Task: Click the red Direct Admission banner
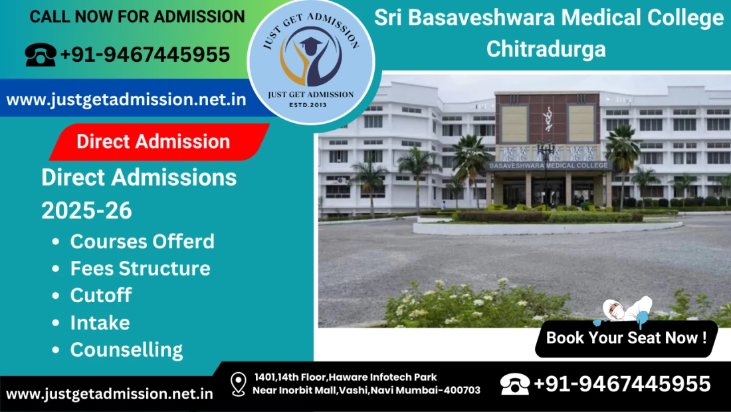(159, 142)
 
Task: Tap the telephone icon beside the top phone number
(41, 55)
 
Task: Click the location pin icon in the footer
(238, 385)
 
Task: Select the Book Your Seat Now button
(626, 338)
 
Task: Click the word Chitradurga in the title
(546, 49)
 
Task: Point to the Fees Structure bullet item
(140, 269)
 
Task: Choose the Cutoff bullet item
(101, 296)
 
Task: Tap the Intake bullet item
(100, 323)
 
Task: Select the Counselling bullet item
(126, 350)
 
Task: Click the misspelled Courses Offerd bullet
(142, 242)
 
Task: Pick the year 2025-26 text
(86, 211)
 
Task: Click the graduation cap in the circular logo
(311, 45)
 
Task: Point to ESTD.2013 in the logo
(308, 105)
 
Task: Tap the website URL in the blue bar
(126, 99)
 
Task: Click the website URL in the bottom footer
(109, 394)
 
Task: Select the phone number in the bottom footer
(622, 384)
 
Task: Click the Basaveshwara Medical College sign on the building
(548, 165)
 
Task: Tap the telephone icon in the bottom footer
(514, 385)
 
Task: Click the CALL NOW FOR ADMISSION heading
(137, 17)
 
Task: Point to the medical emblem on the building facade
(548, 119)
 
